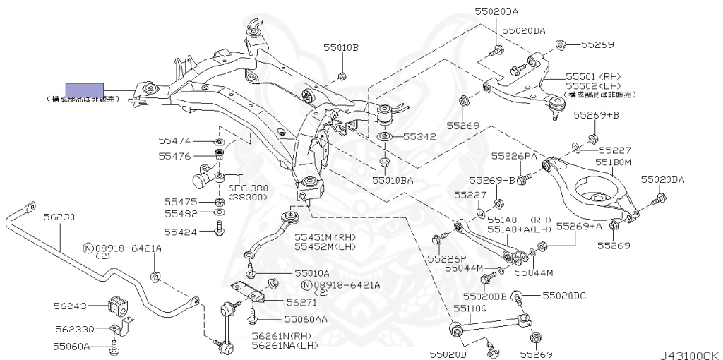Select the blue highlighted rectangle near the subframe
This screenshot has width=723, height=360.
coord(85,90)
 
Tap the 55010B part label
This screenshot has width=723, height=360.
coord(341,48)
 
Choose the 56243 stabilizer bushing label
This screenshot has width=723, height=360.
coord(70,306)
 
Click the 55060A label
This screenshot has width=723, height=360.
coord(71,347)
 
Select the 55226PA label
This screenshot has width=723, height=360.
coord(515,155)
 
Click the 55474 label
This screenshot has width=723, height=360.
coord(174,141)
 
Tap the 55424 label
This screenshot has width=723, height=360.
coord(181,231)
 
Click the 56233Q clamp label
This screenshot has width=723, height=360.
coord(74,329)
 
